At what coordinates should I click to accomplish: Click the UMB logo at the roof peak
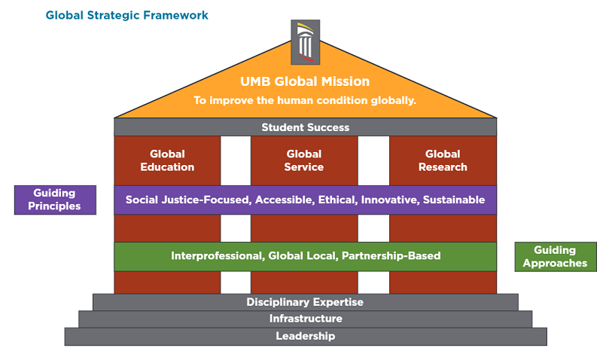tap(305, 43)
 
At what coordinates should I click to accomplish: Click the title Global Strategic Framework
tap(127, 15)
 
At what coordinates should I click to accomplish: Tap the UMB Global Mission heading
tap(305, 81)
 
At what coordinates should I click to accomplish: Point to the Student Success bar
tap(305, 127)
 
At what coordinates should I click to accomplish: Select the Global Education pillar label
tap(167, 160)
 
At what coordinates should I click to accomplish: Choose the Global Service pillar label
tap(304, 160)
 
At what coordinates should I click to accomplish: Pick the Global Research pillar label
tap(443, 160)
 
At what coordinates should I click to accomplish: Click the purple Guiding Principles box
tap(55, 200)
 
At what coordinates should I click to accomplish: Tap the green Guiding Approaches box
tap(555, 257)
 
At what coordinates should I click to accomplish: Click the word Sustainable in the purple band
tap(454, 200)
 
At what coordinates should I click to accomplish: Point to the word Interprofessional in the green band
tap(217, 256)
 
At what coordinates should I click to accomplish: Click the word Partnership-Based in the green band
tap(391, 256)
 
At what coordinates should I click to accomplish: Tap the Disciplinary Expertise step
tap(305, 302)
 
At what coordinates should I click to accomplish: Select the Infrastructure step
tap(305, 319)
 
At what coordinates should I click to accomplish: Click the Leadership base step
tap(305, 336)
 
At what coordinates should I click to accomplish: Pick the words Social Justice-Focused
tap(188, 200)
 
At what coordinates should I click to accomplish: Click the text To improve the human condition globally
tap(305, 99)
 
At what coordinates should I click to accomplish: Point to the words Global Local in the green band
tap(302, 256)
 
